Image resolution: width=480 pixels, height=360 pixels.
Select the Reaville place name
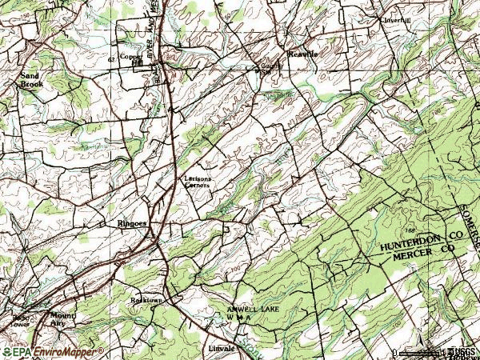(x=302, y=54)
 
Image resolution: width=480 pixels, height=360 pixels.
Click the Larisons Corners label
(x=197, y=182)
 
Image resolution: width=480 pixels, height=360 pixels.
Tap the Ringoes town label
(x=131, y=224)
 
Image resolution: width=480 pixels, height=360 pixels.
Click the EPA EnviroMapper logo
(x=52, y=352)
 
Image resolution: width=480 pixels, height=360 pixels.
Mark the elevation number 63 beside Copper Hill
(x=110, y=60)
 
